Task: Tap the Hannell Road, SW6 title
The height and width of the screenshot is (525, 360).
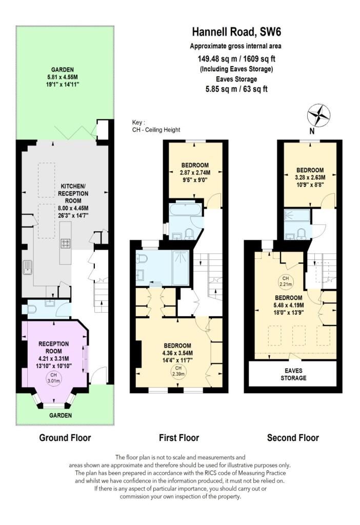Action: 236,32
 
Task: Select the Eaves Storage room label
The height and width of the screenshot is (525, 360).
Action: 293,374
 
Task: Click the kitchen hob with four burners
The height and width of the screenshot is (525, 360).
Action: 65,243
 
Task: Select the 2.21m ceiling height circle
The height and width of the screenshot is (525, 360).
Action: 286,281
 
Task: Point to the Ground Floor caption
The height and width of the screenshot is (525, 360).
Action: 65,438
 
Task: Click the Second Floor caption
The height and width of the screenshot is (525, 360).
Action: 293,438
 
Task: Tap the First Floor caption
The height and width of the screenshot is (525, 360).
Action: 179,438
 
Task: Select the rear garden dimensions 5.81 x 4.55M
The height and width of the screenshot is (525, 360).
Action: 63,77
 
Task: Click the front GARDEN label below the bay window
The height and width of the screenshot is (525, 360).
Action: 61,415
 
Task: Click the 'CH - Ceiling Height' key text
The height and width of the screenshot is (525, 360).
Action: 156,130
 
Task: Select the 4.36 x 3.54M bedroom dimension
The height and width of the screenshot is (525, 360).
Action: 177,353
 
